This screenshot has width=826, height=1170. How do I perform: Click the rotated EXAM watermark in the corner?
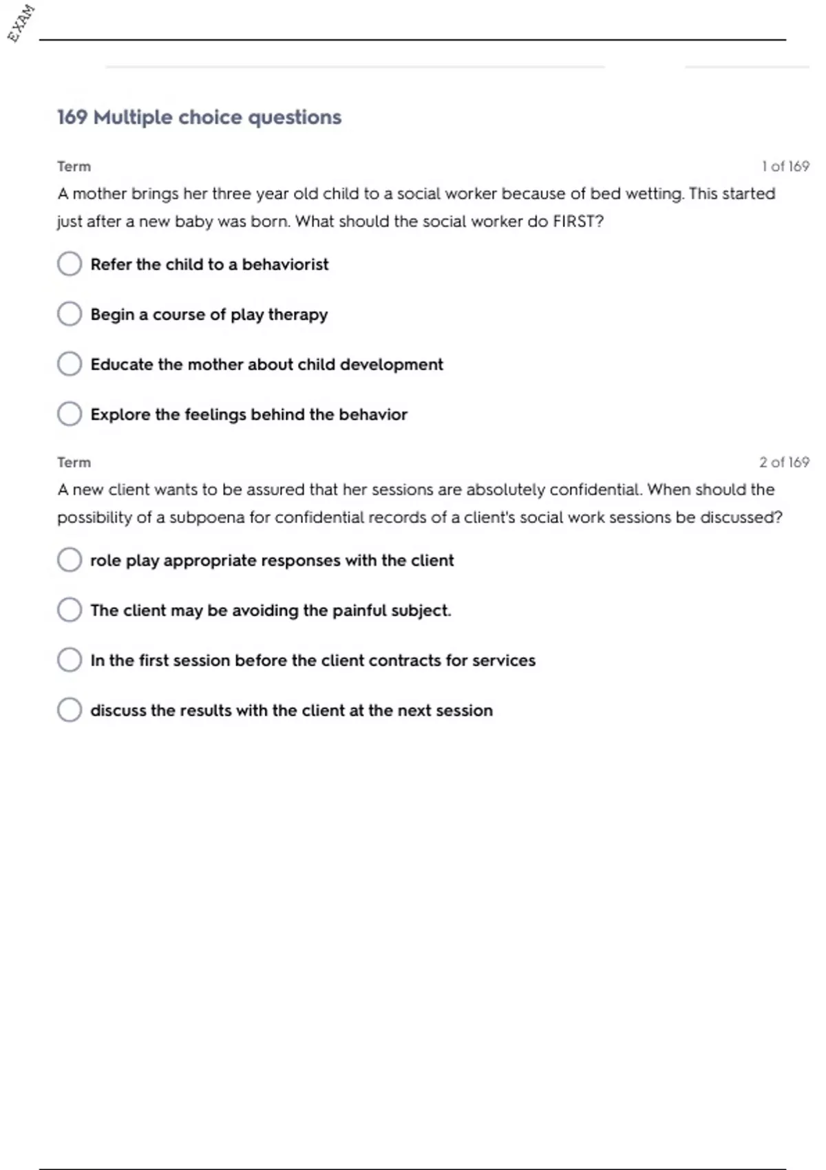coord(21,23)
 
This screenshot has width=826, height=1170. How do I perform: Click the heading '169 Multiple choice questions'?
coord(199,117)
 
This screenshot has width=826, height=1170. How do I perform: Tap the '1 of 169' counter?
coord(785,167)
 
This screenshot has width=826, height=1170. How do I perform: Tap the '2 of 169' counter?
coord(784,462)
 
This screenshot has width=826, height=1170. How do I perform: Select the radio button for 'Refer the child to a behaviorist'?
coord(70,264)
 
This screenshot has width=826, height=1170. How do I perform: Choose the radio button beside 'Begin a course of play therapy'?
coord(70,314)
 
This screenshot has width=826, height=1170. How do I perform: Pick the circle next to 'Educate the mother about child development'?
coord(70,364)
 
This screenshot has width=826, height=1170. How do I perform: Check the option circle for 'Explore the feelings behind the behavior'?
coord(70,414)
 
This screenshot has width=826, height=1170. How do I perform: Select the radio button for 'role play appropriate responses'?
coord(70,560)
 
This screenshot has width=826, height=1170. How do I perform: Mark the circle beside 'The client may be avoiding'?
coord(70,610)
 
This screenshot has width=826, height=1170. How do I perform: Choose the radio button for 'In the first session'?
coord(70,660)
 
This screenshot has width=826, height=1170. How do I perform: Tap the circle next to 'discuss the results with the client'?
coord(70,710)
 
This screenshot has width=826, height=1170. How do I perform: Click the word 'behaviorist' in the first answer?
coord(285,264)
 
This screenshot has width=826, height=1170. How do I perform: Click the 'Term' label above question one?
coord(74,167)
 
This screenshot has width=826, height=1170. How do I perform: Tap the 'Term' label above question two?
coord(74,462)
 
